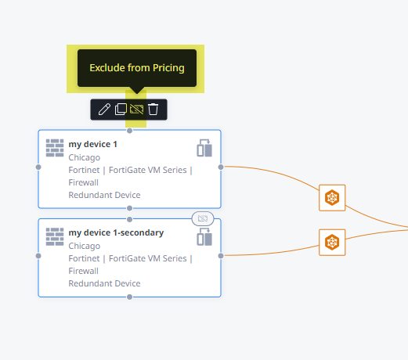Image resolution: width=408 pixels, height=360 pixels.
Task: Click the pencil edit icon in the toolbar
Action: [104, 109]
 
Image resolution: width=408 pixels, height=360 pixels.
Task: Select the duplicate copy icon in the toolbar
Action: [121, 109]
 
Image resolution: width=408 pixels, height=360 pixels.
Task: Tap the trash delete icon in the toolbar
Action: [153, 109]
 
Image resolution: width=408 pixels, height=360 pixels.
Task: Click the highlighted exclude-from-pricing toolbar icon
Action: [136, 110]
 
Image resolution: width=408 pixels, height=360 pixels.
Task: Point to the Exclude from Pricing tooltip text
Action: [137, 68]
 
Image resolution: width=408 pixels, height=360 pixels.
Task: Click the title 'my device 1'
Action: [92, 144]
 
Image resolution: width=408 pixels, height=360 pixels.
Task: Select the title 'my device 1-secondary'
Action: [116, 232]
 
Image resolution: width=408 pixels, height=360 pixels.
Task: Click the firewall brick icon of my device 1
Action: [55, 148]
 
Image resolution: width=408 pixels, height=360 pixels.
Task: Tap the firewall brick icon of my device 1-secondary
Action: [55, 236]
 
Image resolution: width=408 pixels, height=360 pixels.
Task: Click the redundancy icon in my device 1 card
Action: [204, 148]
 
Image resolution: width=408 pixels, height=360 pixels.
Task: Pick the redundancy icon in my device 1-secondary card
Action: [204, 236]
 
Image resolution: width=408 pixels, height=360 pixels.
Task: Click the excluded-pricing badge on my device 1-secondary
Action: [203, 218]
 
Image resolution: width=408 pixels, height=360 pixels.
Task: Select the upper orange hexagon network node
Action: [332, 198]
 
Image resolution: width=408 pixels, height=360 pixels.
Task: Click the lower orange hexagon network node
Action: [332, 243]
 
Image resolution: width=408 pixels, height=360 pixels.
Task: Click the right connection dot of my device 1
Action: [221, 167]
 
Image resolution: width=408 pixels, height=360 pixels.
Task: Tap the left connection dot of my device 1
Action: [38, 167]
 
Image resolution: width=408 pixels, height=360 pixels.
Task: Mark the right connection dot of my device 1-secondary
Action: [221, 256]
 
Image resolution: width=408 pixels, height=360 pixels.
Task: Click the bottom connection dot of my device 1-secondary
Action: [129, 297]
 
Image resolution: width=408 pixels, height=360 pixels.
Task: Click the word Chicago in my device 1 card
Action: [85, 157]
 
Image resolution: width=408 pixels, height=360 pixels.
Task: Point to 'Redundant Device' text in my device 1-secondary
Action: [104, 283]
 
